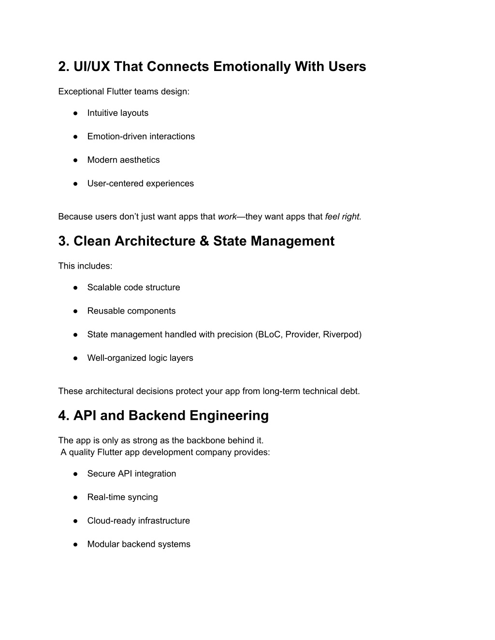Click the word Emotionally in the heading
[x=251, y=67]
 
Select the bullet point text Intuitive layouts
[x=117, y=113]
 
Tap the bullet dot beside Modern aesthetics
[x=76, y=160]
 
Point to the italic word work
[x=227, y=217]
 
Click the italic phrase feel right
[x=343, y=217]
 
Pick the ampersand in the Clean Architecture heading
[x=204, y=241]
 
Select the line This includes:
[x=85, y=266]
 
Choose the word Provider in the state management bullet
[x=302, y=334]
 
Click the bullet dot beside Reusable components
[x=76, y=311]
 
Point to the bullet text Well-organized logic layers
[x=140, y=358]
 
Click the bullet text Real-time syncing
[x=122, y=497]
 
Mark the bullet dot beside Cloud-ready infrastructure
[x=76, y=521]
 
